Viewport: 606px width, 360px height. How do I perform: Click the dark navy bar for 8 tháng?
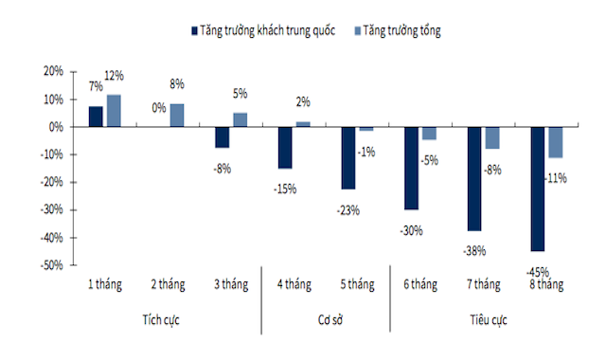click(x=537, y=189)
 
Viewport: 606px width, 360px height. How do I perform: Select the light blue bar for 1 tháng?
click(x=114, y=110)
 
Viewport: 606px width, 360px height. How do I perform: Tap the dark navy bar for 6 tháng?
click(x=411, y=168)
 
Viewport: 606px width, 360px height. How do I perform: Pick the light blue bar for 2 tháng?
click(x=177, y=115)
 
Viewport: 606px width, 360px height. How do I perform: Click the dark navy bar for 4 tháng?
click(x=284, y=147)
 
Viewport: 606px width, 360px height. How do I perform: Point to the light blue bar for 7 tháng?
click(x=491, y=137)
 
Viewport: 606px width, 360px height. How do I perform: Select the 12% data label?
click(x=115, y=75)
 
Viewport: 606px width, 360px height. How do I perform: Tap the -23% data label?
click(x=349, y=209)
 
